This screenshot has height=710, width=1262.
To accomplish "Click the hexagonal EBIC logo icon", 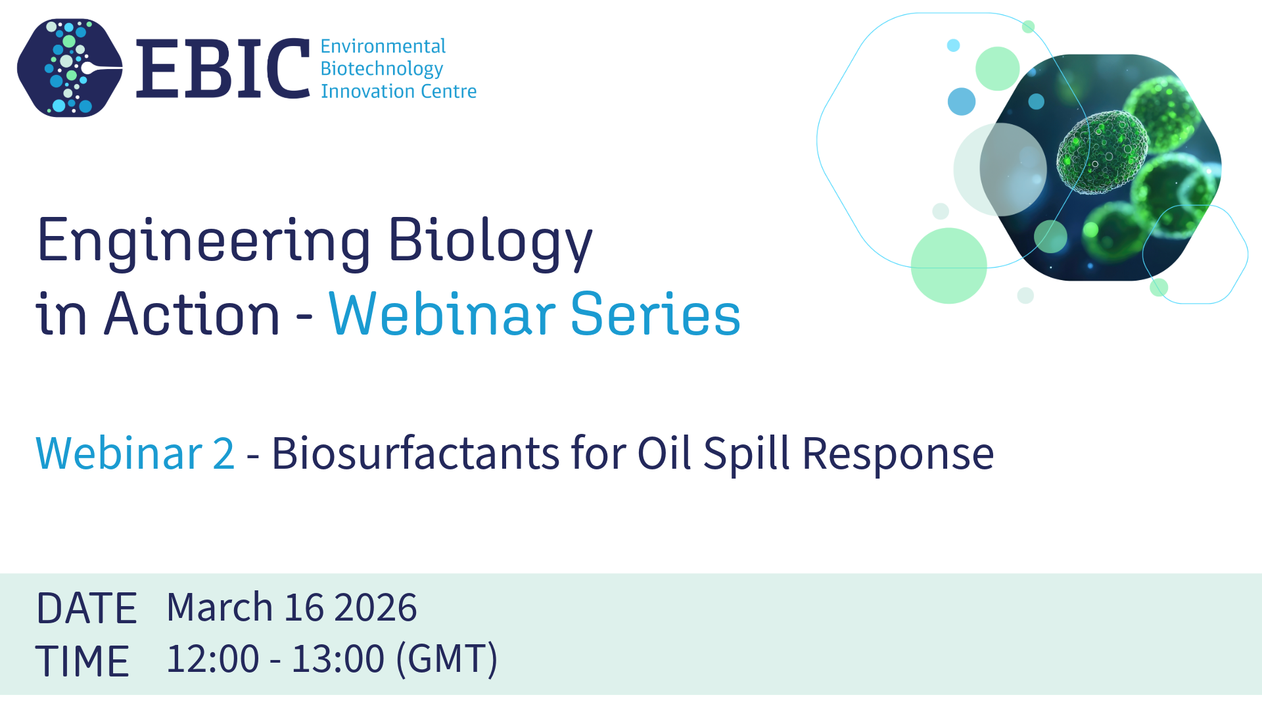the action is coord(70,68).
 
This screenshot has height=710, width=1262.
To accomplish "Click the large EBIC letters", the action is coord(223,68).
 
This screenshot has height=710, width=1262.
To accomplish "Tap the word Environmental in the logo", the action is coord(383,46).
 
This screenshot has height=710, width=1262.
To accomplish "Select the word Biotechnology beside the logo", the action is coord(382,69).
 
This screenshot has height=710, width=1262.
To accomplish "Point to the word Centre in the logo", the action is coord(448,91).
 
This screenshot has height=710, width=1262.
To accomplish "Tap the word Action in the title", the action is coord(192,314).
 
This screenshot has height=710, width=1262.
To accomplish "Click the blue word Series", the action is coord(655,314).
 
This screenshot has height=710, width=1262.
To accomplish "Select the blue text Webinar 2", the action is coord(135,453).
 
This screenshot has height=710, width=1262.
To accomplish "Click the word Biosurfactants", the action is coord(416,453).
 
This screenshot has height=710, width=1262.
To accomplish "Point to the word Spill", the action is coord(746,454).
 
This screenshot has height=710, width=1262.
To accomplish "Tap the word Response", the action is coord(899,454).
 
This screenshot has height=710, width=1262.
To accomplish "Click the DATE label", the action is coord(86,608).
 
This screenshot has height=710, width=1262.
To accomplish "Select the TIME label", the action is coord(82,661).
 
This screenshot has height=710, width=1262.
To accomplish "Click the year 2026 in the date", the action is coord(375,607).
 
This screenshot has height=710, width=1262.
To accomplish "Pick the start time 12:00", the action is coord(213,658).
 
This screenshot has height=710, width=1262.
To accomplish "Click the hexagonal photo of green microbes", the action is coord(1100,168).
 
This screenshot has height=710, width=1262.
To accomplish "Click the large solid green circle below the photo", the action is coord(948,266).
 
